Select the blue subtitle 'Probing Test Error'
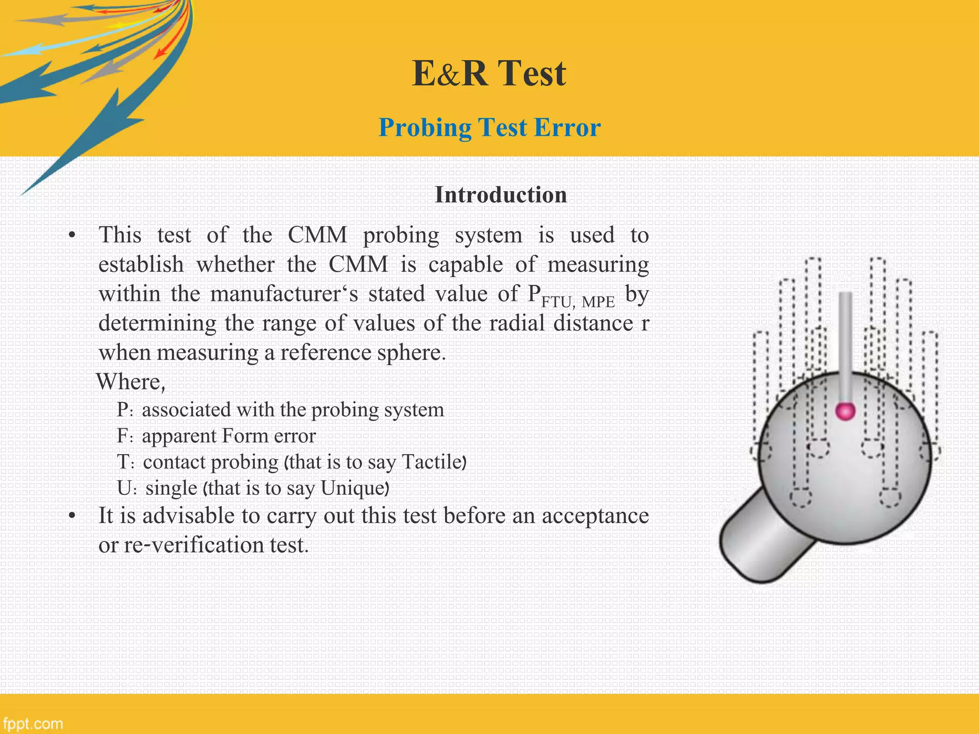489,128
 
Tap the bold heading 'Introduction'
500,195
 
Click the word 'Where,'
131,382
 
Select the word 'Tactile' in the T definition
432,462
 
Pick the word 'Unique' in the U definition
353,488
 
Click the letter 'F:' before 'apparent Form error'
125,436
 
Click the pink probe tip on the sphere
845,410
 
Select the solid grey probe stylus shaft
845,344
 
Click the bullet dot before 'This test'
72,235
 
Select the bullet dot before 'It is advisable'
72,516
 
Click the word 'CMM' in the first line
317,235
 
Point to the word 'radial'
518,323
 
